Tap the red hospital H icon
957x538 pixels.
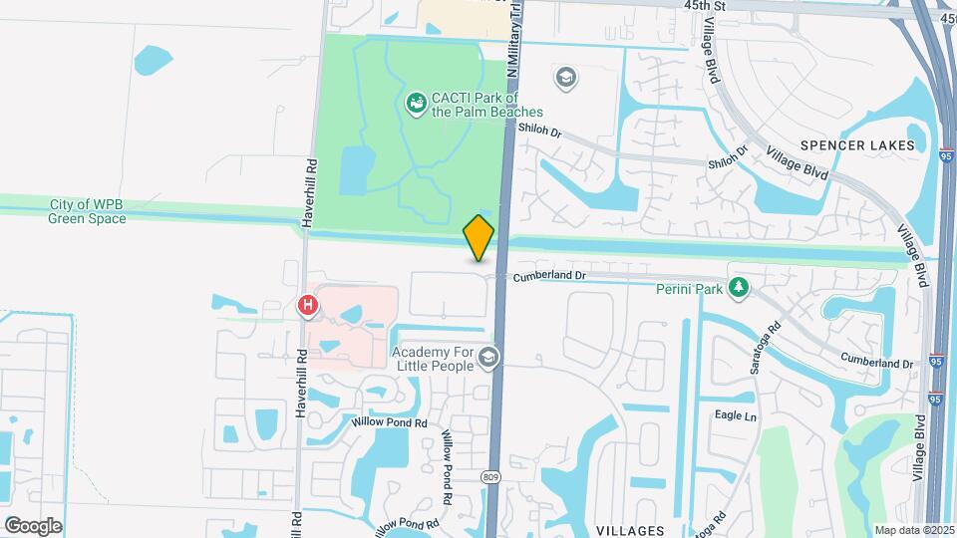click(x=309, y=306)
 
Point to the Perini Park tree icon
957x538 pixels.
click(x=738, y=288)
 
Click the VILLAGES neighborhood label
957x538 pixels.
click(x=631, y=530)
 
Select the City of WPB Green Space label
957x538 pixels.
click(x=88, y=211)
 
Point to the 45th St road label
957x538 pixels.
click(x=704, y=6)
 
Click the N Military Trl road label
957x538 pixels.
click(x=514, y=40)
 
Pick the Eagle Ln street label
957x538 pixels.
click(x=735, y=415)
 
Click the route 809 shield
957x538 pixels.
click(x=492, y=477)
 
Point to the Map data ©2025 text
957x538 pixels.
click(x=913, y=530)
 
